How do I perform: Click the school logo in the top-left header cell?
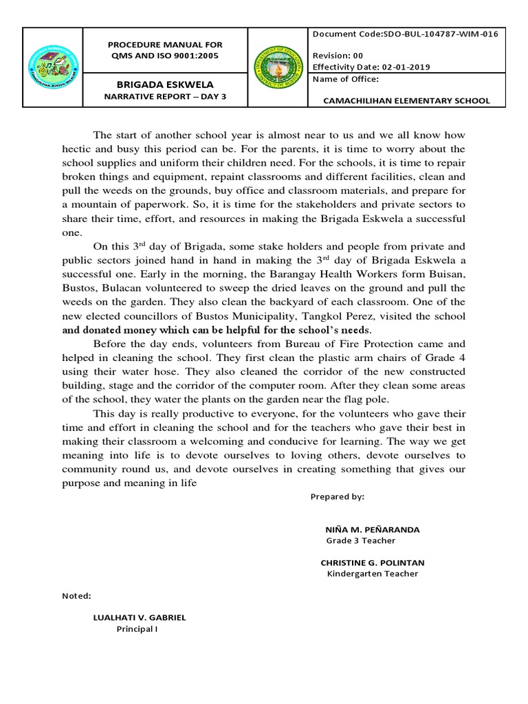54,67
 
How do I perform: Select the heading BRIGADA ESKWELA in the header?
164,84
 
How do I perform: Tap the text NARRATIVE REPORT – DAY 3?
164,96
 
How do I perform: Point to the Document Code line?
405,34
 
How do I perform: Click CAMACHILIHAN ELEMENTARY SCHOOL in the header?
407,100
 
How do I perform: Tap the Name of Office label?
345,79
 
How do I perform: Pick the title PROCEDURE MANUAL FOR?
164,45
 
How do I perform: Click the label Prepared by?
337,496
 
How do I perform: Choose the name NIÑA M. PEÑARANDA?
372,529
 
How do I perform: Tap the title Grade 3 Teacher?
360,540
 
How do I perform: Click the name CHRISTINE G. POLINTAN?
373,562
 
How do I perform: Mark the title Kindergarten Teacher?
372,573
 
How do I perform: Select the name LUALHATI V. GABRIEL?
140,617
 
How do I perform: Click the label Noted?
76,595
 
